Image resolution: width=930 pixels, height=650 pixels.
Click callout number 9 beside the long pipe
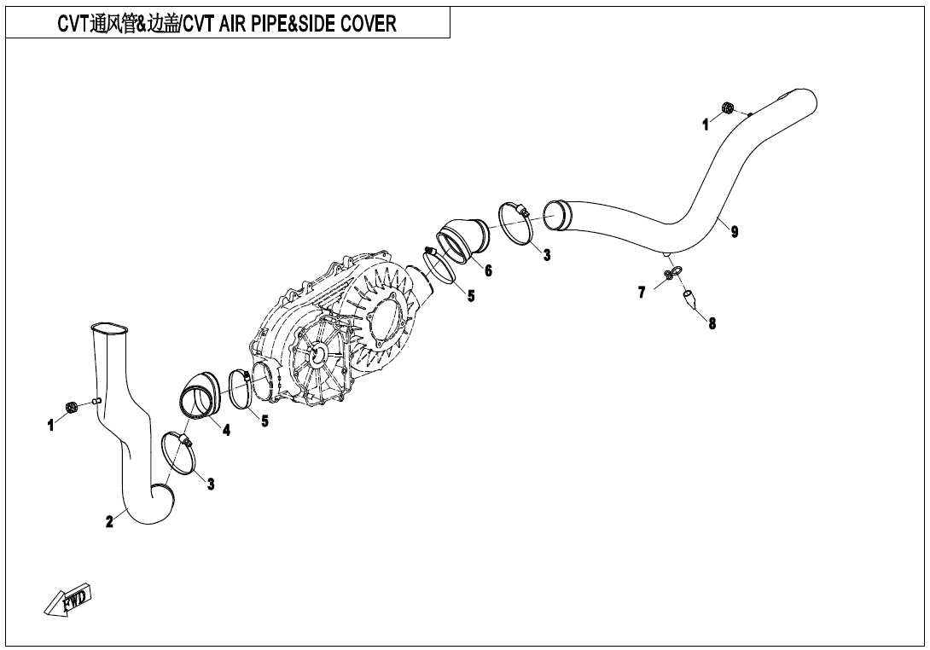point(735,232)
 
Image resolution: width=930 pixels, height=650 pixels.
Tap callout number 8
point(712,323)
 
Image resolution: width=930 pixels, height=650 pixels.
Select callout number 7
point(641,293)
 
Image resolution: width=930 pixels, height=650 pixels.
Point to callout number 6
point(487,271)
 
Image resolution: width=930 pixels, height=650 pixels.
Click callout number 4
point(226,431)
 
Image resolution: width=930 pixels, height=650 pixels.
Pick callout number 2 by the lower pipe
point(109,522)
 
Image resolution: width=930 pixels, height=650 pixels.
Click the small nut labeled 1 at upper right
point(727,107)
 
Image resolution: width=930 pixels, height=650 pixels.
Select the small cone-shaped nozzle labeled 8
point(690,297)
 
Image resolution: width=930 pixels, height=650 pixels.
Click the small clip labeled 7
point(672,272)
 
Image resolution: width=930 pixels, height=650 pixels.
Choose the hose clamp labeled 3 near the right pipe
point(513,223)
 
